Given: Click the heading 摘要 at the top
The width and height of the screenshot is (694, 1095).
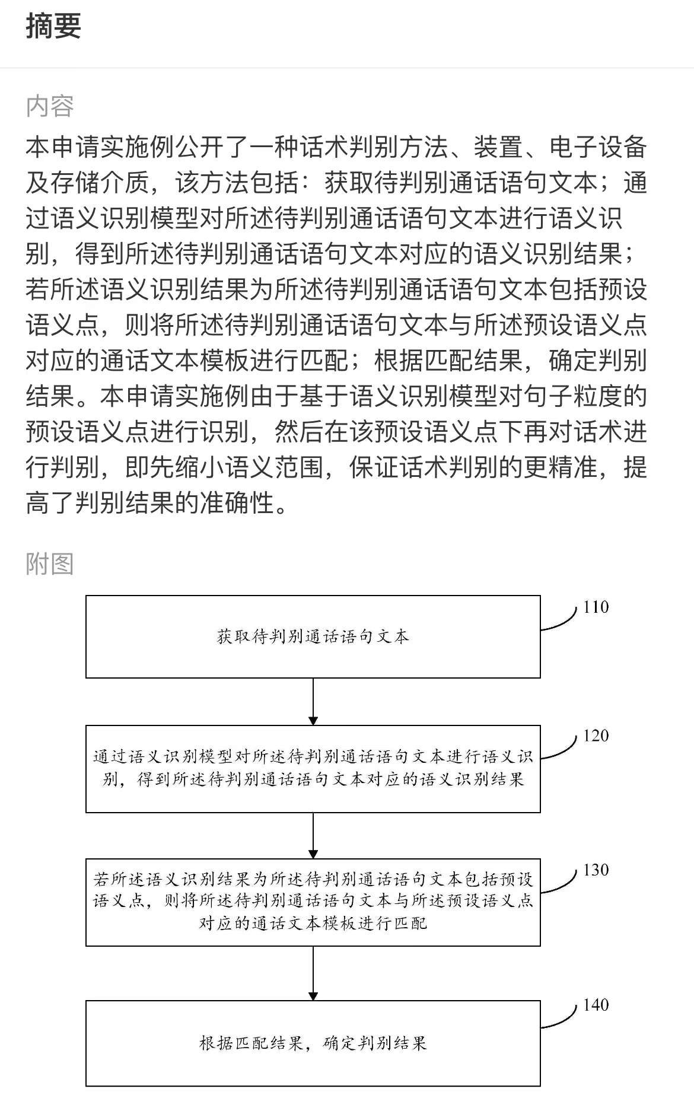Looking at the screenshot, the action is tap(53, 27).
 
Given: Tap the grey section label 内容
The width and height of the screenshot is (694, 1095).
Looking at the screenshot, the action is tap(50, 106).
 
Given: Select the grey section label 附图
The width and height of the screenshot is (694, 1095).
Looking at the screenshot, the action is tap(50, 564).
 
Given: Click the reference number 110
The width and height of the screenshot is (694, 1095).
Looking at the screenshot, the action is tap(596, 607).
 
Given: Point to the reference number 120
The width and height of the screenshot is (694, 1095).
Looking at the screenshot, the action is tap(596, 736).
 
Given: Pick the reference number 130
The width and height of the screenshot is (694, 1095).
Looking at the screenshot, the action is tap(596, 870).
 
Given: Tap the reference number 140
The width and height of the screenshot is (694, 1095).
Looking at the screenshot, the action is tap(596, 1005).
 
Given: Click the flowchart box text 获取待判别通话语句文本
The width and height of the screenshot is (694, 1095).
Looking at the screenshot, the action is tap(313, 637).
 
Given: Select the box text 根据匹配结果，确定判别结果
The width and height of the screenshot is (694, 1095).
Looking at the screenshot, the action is tap(313, 1043).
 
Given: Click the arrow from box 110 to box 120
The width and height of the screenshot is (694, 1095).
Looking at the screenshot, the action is tap(313, 701).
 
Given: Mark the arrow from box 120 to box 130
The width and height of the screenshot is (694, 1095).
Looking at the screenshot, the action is tap(313, 835).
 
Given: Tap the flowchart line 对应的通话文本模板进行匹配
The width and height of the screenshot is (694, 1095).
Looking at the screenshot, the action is tap(313, 924).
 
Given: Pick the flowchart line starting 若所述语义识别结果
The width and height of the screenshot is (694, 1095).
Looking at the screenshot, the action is tap(313, 878).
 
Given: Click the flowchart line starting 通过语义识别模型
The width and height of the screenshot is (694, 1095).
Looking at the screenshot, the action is tap(313, 756).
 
